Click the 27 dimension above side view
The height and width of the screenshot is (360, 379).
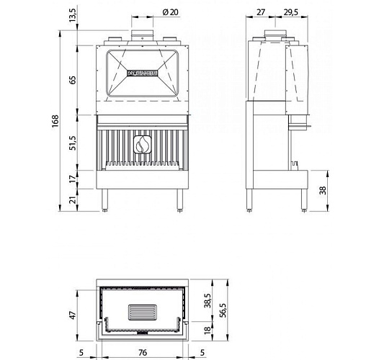pos(262,12)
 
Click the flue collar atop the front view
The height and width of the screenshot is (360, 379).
pos(141,34)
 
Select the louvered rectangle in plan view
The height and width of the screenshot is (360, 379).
pos(141,312)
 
